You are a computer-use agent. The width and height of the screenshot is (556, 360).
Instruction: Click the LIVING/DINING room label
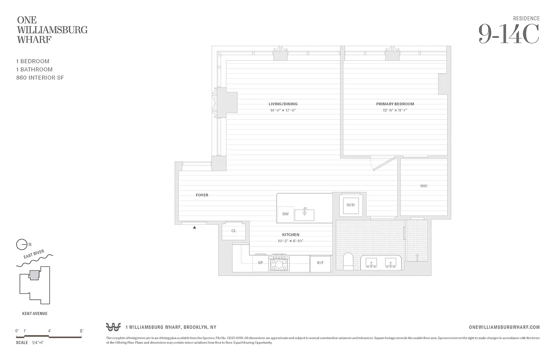(283, 104)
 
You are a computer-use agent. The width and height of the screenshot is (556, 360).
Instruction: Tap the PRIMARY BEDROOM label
(395, 104)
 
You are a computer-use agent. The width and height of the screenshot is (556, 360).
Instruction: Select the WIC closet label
(424, 186)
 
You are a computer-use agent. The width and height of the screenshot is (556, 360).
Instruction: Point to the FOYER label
(202, 195)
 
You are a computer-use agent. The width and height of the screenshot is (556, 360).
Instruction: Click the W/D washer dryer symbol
(351, 205)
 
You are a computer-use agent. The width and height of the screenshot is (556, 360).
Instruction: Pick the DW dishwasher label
(285, 214)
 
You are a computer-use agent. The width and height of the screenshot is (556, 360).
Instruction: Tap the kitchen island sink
(305, 215)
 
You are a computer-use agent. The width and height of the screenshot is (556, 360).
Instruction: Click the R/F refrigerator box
(320, 263)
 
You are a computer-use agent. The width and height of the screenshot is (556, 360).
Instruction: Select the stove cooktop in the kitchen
(279, 263)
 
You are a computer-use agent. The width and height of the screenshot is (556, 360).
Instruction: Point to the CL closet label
(233, 231)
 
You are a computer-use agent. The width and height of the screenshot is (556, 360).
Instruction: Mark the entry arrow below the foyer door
(194, 228)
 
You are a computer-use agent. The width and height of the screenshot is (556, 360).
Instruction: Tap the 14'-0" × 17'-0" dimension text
(283, 110)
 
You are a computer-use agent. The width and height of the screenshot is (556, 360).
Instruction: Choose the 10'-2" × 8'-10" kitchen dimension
(291, 241)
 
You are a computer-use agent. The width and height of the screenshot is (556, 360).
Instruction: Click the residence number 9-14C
(508, 34)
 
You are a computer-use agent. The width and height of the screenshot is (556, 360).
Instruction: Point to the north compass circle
(21, 245)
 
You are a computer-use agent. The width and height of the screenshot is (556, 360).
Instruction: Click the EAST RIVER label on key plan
(34, 256)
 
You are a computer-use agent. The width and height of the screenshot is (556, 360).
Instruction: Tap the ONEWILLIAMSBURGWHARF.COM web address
(504, 327)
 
